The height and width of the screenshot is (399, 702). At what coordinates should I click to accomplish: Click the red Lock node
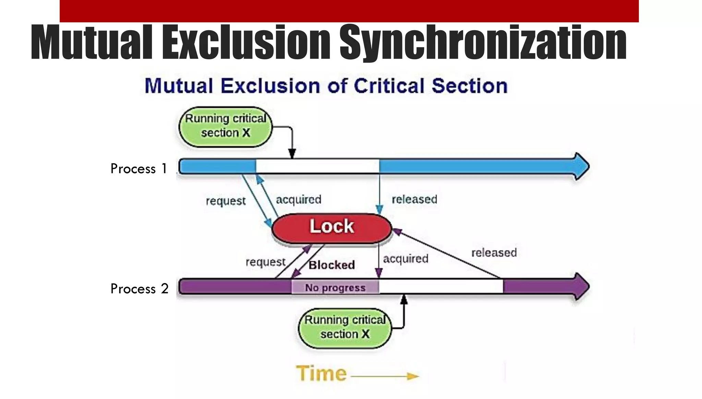pos(331,228)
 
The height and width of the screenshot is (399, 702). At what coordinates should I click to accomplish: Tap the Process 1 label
pos(138,169)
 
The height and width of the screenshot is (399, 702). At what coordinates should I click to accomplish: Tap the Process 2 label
pos(139,289)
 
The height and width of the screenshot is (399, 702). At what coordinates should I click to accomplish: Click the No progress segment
pos(335,287)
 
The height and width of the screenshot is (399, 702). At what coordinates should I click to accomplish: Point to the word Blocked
pos(331,265)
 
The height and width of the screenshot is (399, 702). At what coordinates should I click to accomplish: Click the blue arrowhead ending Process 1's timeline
pos(581,166)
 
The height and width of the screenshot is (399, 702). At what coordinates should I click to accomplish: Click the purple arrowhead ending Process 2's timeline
pos(581,287)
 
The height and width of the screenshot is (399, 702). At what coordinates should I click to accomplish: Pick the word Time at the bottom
pos(321,373)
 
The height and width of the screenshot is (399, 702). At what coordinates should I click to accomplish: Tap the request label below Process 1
pos(226,201)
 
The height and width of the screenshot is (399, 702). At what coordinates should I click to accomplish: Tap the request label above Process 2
pos(265,262)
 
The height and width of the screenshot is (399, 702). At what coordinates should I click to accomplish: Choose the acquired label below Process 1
pos(299,199)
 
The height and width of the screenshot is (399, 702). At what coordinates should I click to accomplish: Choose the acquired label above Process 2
pos(406,259)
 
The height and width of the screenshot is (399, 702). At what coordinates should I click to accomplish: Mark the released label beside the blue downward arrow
pos(414,199)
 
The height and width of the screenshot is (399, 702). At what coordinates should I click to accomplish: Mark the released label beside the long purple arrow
pos(494,253)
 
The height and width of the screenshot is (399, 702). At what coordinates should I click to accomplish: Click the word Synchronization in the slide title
pos(483,43)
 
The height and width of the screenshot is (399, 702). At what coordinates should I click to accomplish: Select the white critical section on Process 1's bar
pos(317,166)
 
